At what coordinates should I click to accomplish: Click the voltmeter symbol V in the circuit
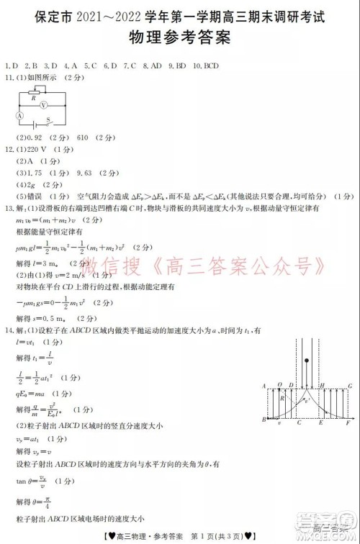coord(44,104)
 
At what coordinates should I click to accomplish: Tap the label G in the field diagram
coord(349,386)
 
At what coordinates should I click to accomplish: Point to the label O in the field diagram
coord(280,386)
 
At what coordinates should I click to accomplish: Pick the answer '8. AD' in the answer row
coord(151,65)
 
